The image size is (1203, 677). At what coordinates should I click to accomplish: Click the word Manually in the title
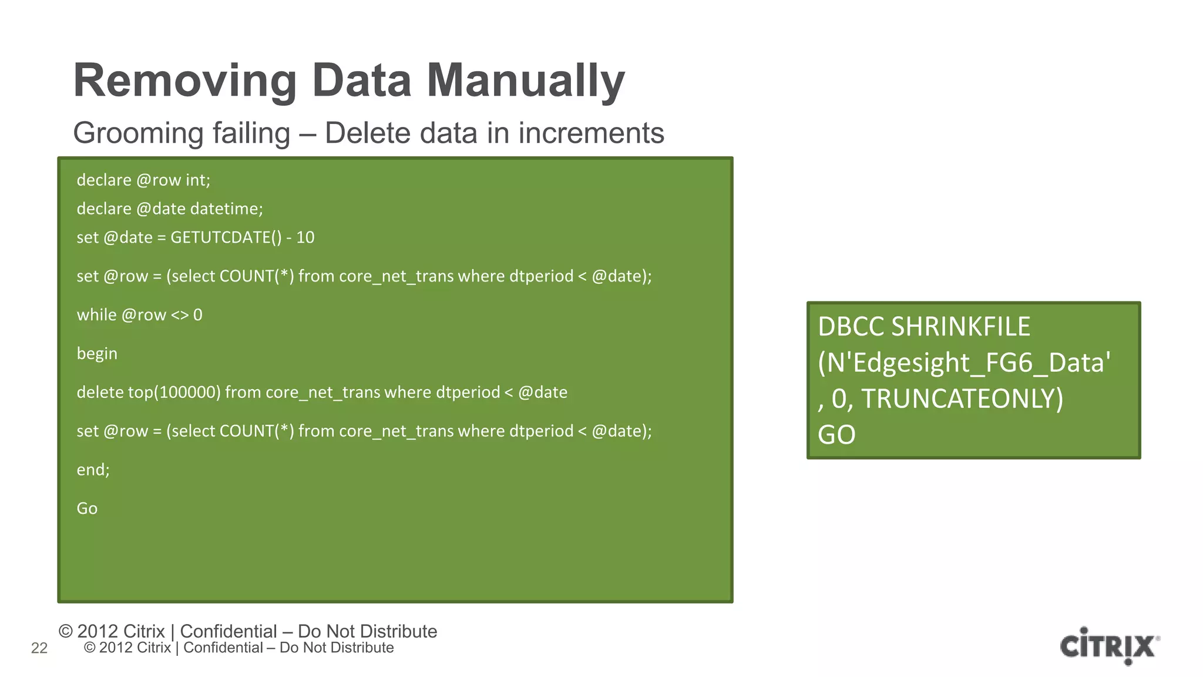tap(525, 81)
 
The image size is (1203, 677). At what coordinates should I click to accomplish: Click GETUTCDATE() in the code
tap(226, 237)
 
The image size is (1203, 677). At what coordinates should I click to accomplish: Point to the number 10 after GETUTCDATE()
tap(305, 237)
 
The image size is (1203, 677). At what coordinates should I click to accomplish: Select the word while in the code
tap(96, 315)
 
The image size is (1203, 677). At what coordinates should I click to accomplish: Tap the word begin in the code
tap(97, 354)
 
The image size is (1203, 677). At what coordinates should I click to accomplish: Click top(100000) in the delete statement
tap(174, 393)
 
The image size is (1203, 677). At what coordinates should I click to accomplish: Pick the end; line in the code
tap(93, 470)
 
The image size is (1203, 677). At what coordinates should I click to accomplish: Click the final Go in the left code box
tap(87, 508)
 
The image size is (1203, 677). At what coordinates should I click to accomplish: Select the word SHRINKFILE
tap(960, 327)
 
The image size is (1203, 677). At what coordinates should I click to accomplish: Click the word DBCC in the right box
tap(851, 327)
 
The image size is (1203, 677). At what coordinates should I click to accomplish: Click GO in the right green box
tap(836, 435)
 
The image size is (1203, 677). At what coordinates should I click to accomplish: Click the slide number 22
tap(39, 648)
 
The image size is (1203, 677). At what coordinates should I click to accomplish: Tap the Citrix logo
tap(1109, 646)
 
